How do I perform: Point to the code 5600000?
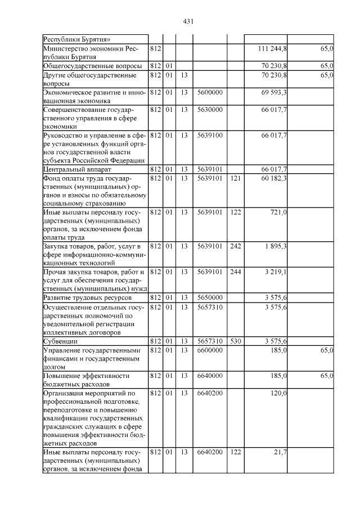[210, 92]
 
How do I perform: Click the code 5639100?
[210, 136]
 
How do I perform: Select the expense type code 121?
[235, 178]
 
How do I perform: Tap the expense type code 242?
[235, 246]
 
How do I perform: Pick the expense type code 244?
[235, 272]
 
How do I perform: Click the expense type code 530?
[235, 341]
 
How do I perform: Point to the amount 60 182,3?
[274, 178]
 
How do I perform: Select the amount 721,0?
[278, 213]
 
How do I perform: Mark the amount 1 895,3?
[276, 246]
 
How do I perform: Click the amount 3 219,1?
[276, 272]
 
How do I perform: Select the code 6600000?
[210, 350]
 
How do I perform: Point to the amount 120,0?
[278, 393]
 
